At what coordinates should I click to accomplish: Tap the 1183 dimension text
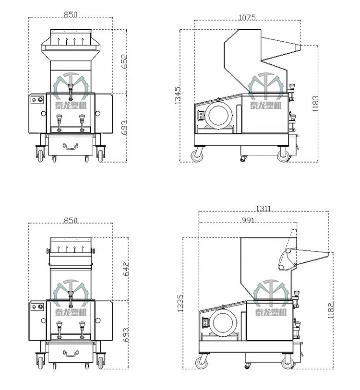315,103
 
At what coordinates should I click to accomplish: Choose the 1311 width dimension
263,208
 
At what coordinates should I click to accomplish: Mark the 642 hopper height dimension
126,269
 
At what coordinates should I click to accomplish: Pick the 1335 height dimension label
180,304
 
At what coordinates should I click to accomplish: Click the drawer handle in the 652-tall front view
71,146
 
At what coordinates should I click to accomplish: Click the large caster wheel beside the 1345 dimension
197,155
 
